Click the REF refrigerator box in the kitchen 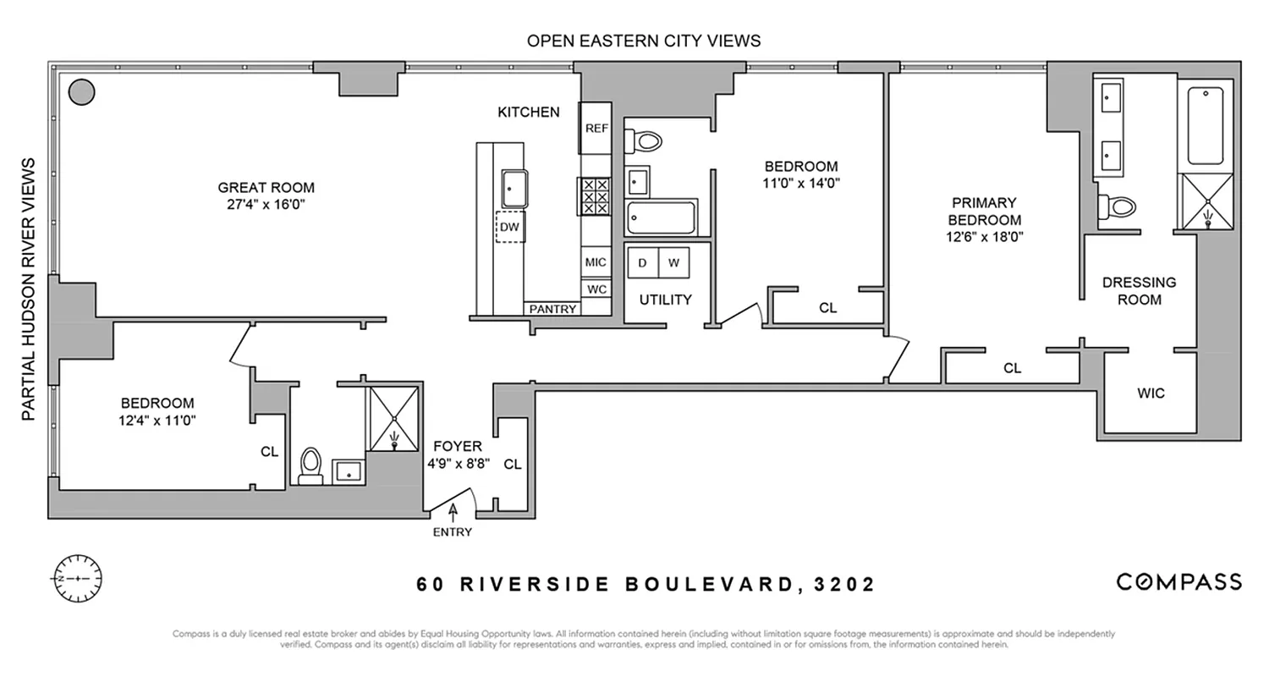pyautogui.click(x=596, y=128)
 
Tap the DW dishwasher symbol pyautogui.click(x=509, y=227)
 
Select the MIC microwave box pyautogui.click(x=596, y=262)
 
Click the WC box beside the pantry pyautogui.click(x=596, y=289)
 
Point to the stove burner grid pyautogui.click(x=595, y=196)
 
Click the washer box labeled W pyautogui.click(x=673, y=263)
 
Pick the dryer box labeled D pyautogui.click(x=642, y=263)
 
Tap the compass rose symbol pyautogui.click(x=77, y=579)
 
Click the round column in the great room pyautogui.click(x=81, y=91)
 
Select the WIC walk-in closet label pyautogui.click(x=1151, y=393)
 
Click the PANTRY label pyautogui.click(x=552, y=309)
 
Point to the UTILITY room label pyautogui.click(x=665, y=300)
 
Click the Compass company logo pyautogui.click(x=1178, y=581)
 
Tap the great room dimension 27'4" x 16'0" pyautogui.click(x=266, y=204)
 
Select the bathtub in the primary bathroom pyautogui.click(x=1204, y=125)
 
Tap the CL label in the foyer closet pyautogui.click(x=512, y=464)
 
